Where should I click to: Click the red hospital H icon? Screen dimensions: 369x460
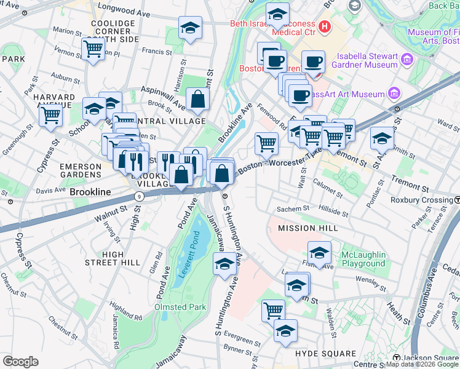pos(324,28)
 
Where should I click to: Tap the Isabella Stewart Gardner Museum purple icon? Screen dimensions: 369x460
pos(406,60)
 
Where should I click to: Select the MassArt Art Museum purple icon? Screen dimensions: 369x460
pos(394,94)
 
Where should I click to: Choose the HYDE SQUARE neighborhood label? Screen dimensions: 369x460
pos(325,354)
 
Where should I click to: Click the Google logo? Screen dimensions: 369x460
pos(20,362)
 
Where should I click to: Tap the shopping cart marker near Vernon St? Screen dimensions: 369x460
pos(93,49)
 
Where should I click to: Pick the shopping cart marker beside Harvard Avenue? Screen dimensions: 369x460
pos(51,114)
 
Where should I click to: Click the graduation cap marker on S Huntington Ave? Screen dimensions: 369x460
pos(224,264)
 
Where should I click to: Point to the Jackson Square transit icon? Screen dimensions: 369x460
pos(397,359)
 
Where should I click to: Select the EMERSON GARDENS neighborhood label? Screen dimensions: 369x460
pos(80,172)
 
